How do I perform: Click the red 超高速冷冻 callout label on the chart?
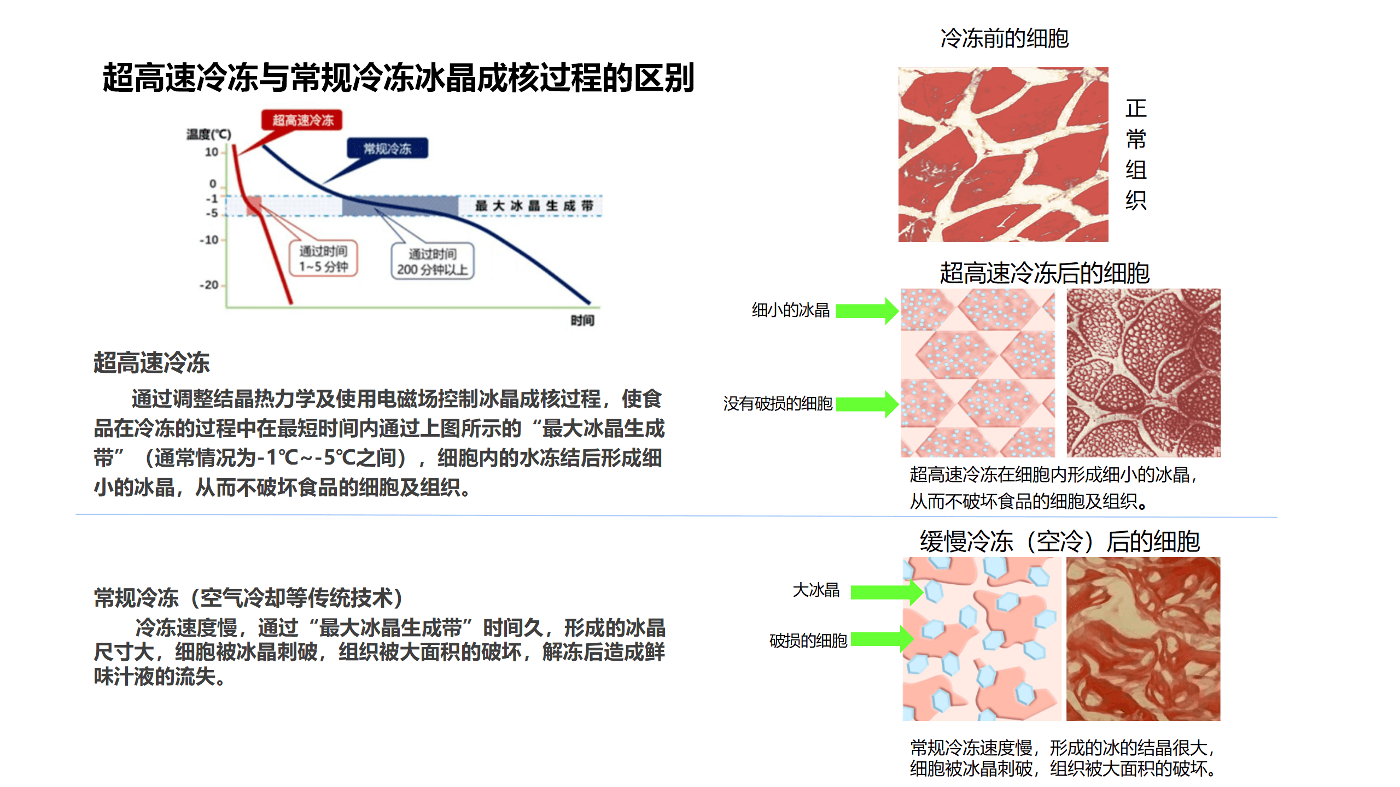click(x=302, y=120)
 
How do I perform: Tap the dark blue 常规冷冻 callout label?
click(x=387, y=148)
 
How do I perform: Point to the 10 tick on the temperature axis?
click(x=212, y=152)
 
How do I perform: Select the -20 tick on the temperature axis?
click(x=209, y=285)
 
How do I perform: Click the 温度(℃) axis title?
click(x=208, y=134)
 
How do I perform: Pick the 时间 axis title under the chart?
click(x=582, y=320)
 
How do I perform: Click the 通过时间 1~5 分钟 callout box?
click(x=323, y=259)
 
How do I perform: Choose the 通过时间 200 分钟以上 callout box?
click(x=432, y=261)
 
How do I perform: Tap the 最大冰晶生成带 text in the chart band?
click(x=534, y=205)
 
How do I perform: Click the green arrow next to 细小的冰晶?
click(x=866, y=311)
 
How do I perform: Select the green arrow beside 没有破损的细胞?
click(x=866, y=404)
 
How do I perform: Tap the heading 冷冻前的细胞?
click(x=1004, y=38)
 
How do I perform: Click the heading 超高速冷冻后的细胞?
click(x=1045, y=273)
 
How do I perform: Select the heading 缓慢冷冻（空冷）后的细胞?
click(x=1059, y=542)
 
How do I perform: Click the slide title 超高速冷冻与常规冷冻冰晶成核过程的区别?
click(x=398, y=78)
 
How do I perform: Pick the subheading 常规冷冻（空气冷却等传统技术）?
click(x=249, y=598)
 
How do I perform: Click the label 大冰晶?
click(x=816, y=590)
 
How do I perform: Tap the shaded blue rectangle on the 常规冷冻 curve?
click(x=400, y=206)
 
